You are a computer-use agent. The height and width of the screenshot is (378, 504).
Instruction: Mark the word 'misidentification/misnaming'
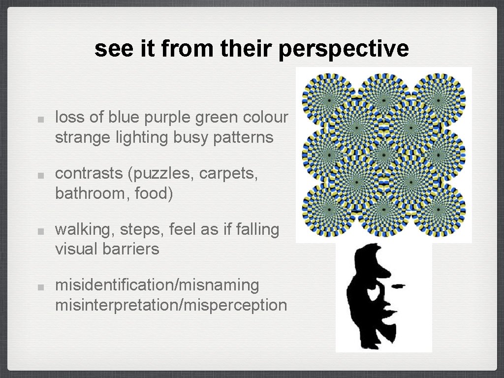pyautogui.click(x=157, y=285)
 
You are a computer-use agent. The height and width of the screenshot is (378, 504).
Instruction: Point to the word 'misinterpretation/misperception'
pyautogui.click(x=171, y=305)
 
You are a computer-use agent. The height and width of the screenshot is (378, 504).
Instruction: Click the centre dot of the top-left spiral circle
pyautogui.click(x=329, y=99)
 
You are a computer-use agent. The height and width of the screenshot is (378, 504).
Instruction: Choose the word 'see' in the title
pyautogui.click(x=109, y=49)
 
